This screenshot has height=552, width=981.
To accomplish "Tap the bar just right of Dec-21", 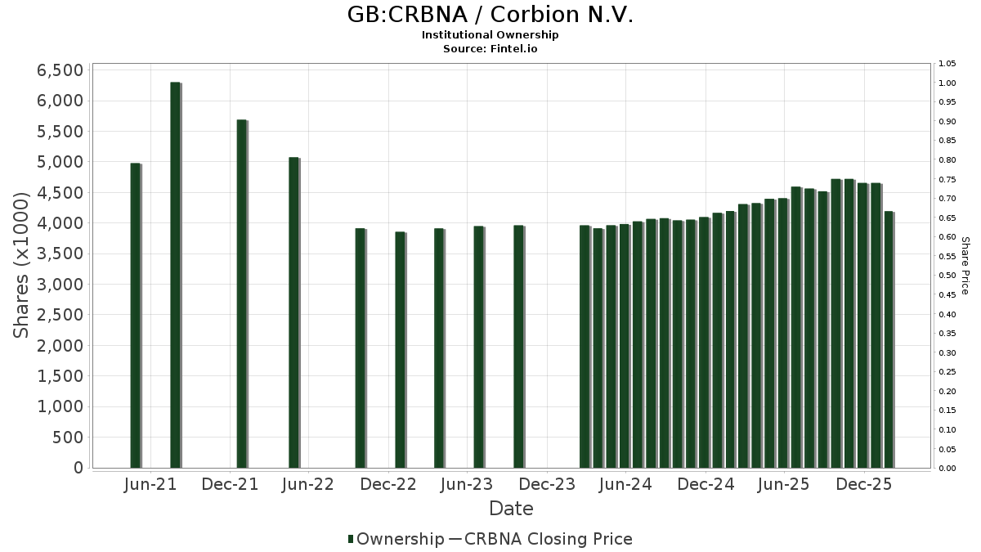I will point(241,294).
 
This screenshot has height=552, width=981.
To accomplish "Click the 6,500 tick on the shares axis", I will point(60,70).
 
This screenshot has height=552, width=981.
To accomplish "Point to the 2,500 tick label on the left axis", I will point(60,315).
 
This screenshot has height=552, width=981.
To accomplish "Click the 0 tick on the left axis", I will point(78,468).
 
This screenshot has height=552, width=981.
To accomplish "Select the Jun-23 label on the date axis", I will point(467,485).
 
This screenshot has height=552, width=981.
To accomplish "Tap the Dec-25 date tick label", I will point(863,485).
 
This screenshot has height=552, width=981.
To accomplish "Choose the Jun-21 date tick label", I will point(150,485).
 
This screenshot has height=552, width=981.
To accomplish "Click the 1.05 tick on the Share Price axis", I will point(947,64).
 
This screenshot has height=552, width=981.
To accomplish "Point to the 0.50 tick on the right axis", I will point(947,276).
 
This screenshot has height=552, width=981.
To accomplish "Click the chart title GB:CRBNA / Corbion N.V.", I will point(490,15).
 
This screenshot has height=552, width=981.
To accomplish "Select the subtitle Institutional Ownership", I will point(490,35).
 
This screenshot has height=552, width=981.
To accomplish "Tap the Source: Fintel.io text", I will point(490,49).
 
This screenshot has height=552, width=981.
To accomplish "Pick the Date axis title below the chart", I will point(511,509).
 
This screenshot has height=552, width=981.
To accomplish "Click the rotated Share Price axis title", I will point(965,266).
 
